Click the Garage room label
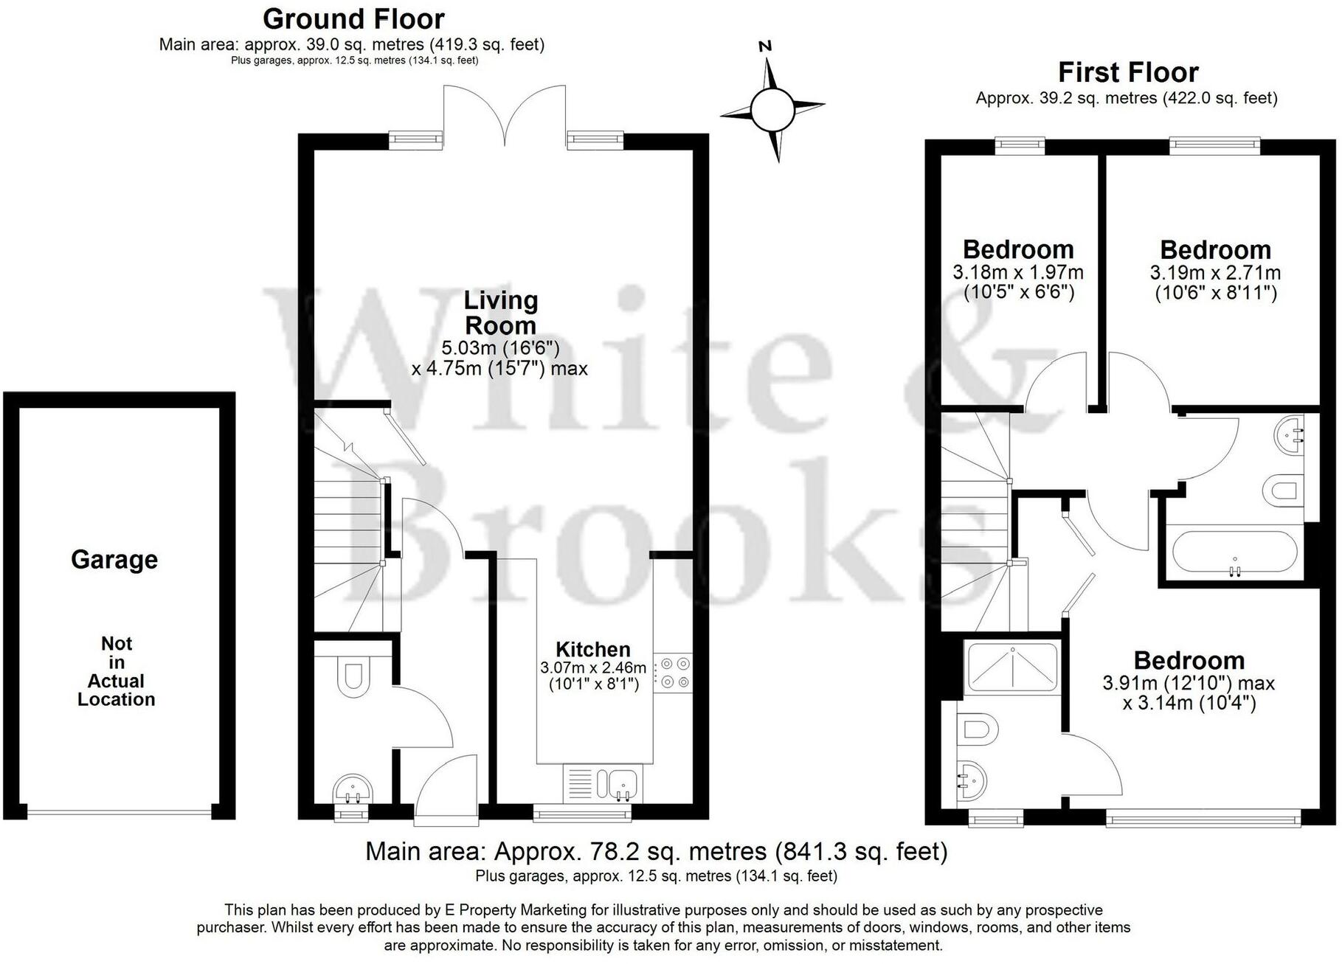tap(114, 560)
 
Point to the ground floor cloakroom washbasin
tap(353, 788)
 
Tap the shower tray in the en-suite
tap(1011, 667)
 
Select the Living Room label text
tap(500, 313)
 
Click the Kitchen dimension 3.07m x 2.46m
tap(593, 668)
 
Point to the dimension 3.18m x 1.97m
tap(1018, 273)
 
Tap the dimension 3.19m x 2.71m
tap(1215, 273)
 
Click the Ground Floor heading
tap(353, 18)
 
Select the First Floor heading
tap(1127, 72)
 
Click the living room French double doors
tap(505, 114)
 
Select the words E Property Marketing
tap(516, 910)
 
